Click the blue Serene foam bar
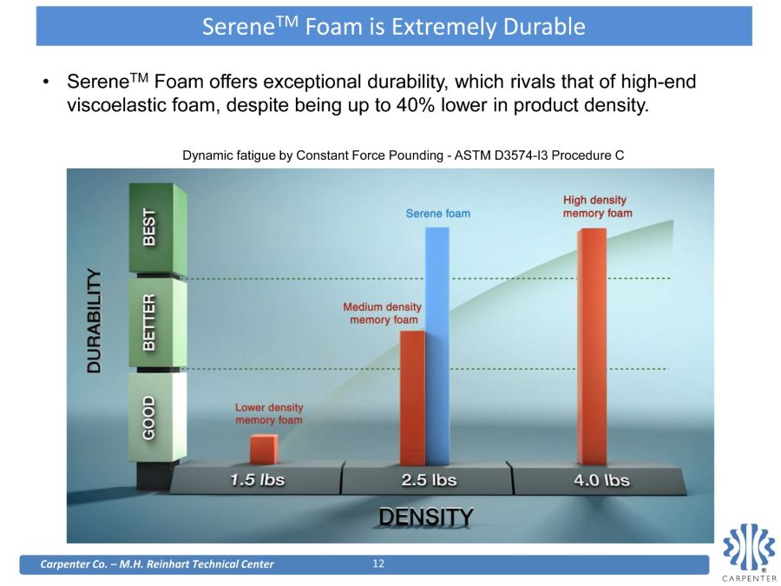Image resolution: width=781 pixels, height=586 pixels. [437, 346]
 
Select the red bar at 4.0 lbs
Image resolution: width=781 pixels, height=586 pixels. [592, 346]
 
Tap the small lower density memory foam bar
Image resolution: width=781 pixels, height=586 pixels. [264, 449]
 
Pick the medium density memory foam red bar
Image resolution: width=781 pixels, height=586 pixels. [412, 398]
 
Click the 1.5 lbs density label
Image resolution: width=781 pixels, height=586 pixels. [258, 480]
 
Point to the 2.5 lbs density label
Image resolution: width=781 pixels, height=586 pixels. [429, 480]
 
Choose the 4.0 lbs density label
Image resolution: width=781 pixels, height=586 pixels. [601, 480]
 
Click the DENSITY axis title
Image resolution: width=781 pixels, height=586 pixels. [426, 517]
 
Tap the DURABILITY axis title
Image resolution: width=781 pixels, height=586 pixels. [94, 321]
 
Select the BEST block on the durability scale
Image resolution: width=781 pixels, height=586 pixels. [158, 227]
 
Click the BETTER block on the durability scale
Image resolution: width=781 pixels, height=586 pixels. [158, 322]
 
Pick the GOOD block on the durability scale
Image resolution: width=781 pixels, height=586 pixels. [157, 417]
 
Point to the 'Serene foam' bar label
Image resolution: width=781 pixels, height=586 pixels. [438, 214]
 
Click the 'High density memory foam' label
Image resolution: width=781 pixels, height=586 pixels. [597, 207]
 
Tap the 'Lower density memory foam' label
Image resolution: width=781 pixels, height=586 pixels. [269, 413]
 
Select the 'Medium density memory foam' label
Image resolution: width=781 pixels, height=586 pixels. [383, 313]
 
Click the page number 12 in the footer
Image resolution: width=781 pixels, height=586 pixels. [378, 563]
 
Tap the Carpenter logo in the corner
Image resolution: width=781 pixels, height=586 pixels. [749, 552]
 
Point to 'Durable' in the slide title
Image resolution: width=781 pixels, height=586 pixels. [544, 26]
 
